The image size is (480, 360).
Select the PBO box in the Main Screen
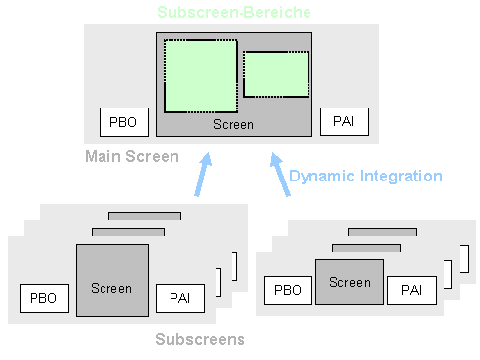click(x=124, y=123)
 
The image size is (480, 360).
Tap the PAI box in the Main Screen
click(x=344, y=123)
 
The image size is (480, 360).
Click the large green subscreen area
click(x=200, y=76)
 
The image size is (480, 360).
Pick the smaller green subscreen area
click(x=276, y=74)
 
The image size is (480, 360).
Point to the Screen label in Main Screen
click(x=234, y=125)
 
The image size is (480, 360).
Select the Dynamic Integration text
click(x=365, y=177)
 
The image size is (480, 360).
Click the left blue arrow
click(x=202, y=175)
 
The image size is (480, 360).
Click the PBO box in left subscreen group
click(x=44, y=297)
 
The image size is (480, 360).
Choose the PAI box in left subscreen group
click(x=179, y=297)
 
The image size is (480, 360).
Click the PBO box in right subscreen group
click(x=288, y=290)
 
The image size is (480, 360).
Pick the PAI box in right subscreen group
click(x=411, y=290)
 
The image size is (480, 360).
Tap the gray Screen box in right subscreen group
click(x=350, y=282)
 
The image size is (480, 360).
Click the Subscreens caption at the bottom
click(x=200, y=340)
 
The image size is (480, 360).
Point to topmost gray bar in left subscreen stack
click(x=145, y=215)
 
